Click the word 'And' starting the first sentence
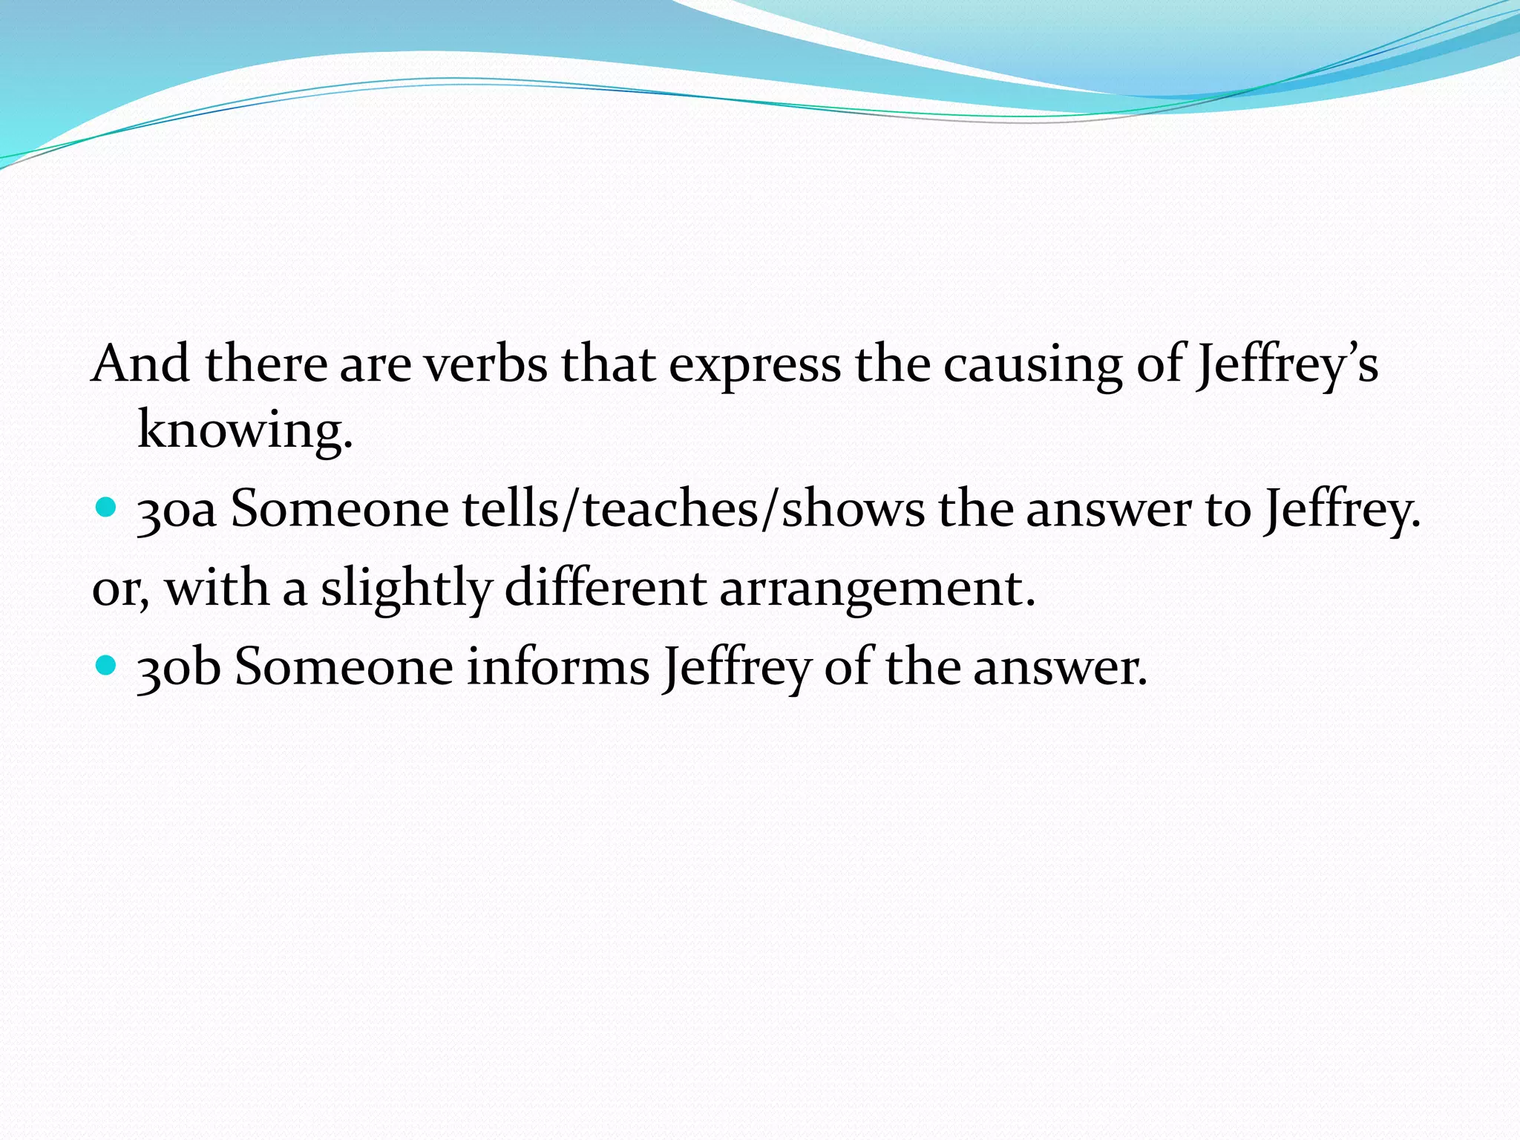140,364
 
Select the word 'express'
755,365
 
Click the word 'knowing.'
245,430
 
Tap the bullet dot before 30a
107,508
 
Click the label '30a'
177,511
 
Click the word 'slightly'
406,589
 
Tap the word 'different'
605,587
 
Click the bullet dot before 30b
107,664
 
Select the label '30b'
179,666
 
